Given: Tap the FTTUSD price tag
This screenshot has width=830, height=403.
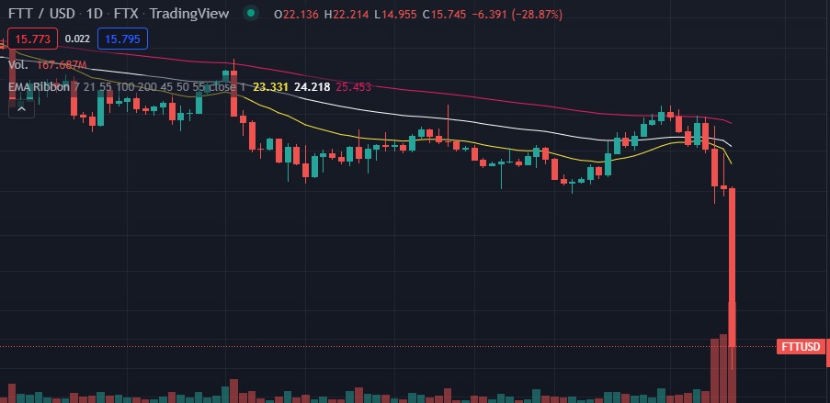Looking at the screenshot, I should coord(801,347).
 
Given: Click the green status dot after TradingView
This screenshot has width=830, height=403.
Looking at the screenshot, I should coord(250,15).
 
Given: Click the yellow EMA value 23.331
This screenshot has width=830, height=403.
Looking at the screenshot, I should coord(270,87).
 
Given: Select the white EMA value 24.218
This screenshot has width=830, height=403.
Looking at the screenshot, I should coord(311,87).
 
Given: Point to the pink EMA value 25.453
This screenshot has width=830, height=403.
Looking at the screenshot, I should coord(353,87).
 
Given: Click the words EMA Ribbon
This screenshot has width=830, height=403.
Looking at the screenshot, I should coord(37,87).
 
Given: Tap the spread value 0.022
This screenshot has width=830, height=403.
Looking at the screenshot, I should coord(78,39).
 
